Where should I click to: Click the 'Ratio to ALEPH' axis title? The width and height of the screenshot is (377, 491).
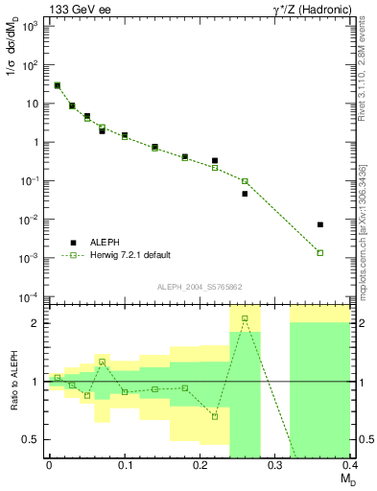14,382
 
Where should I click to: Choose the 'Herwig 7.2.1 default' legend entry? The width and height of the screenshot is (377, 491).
130,255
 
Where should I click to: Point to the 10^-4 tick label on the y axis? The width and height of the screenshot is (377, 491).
31,296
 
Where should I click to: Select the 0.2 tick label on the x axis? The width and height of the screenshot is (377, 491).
200,464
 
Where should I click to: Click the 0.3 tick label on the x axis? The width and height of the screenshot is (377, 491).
275,464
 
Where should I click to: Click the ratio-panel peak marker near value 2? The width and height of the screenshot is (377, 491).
245,318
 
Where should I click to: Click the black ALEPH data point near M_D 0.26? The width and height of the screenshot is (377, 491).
245,194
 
